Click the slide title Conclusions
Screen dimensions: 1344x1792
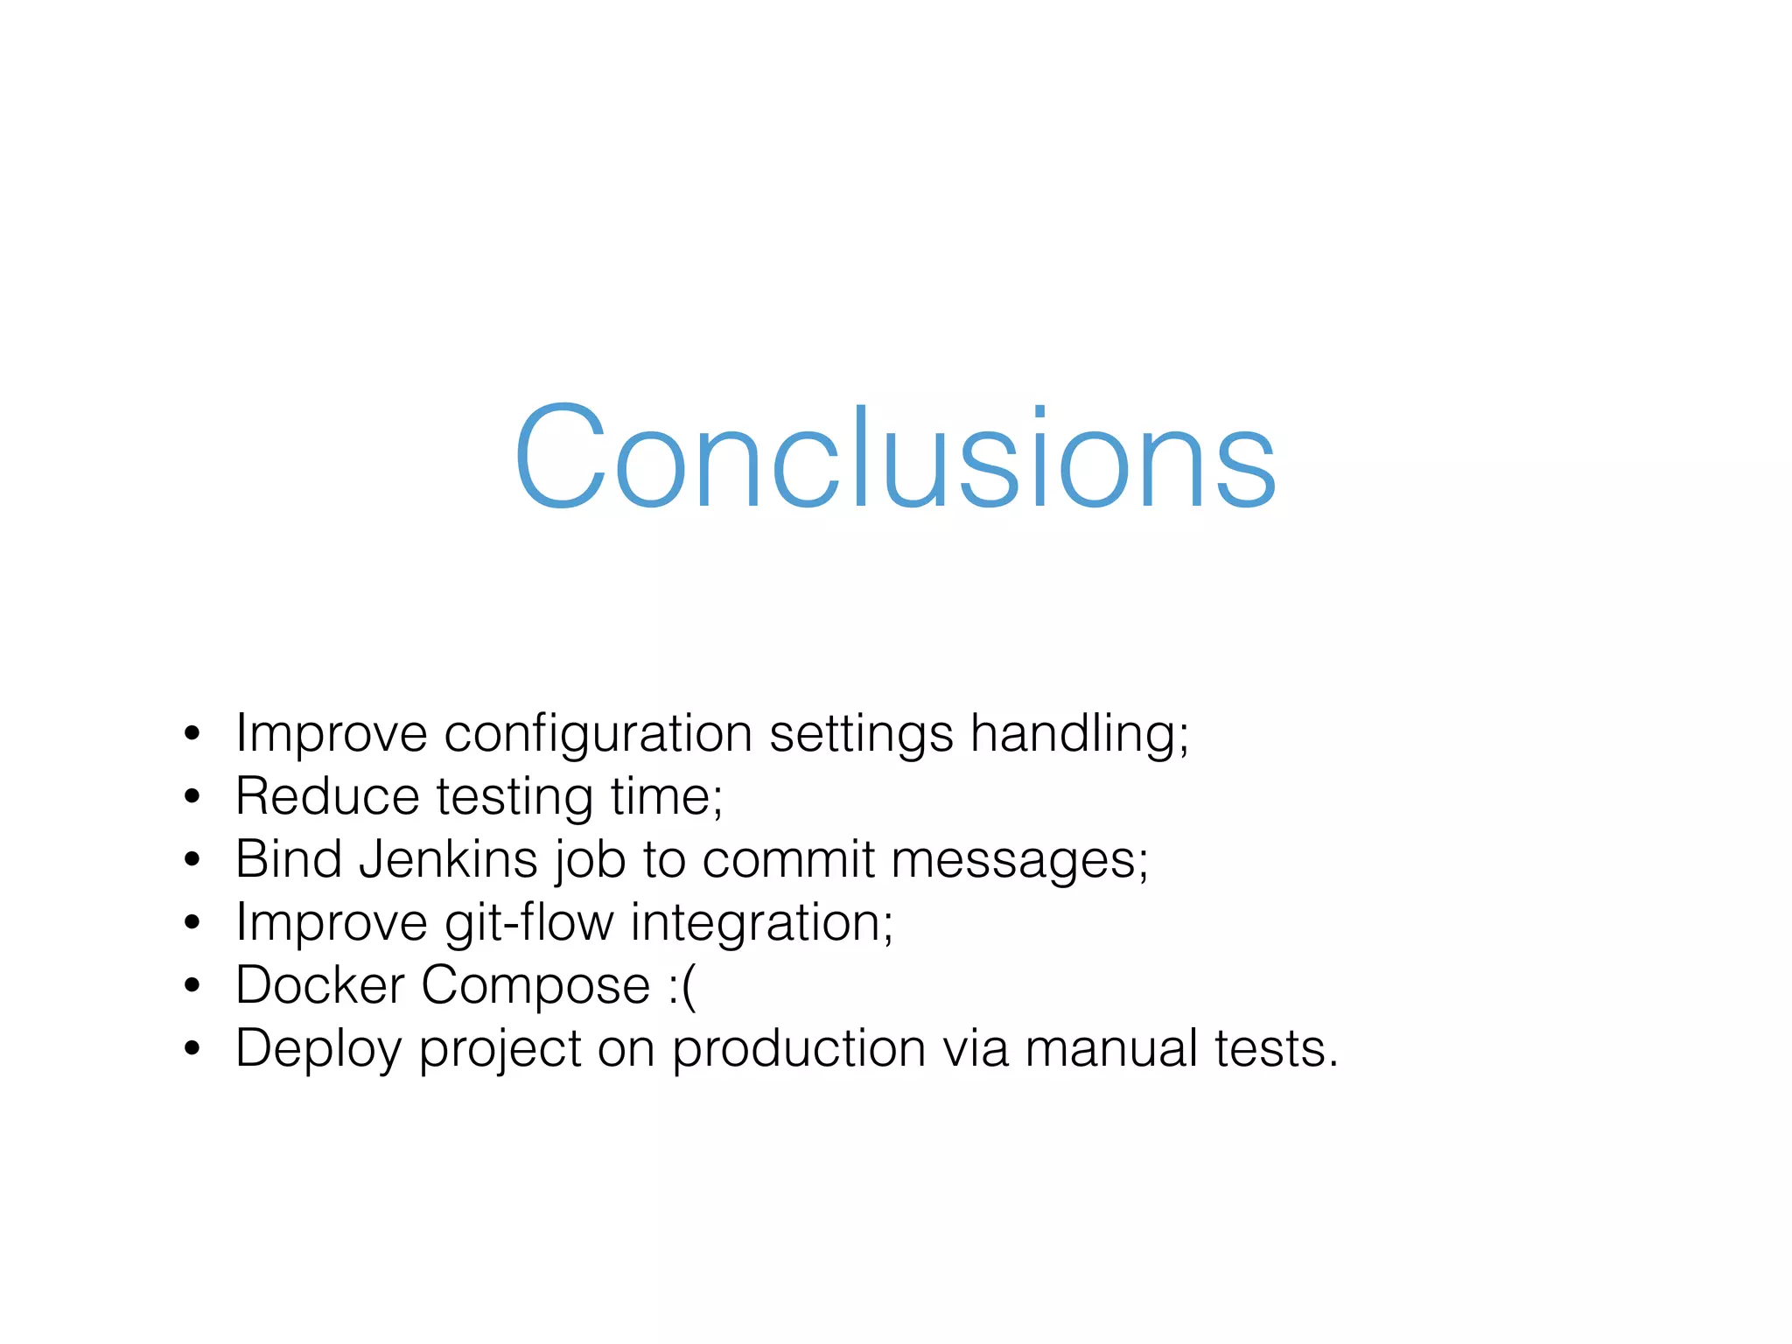pos(894,457)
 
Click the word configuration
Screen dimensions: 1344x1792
pos(598,733)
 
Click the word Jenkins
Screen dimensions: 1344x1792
pos(448,859)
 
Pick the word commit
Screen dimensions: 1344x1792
pos(787,859)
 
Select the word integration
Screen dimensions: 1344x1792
pos(758,924)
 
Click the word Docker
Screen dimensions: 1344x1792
pos(319,985)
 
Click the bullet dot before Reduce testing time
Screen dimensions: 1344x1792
pos(192,797)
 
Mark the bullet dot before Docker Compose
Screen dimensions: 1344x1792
pos(192,986)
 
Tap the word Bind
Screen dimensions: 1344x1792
pos(288,859)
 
